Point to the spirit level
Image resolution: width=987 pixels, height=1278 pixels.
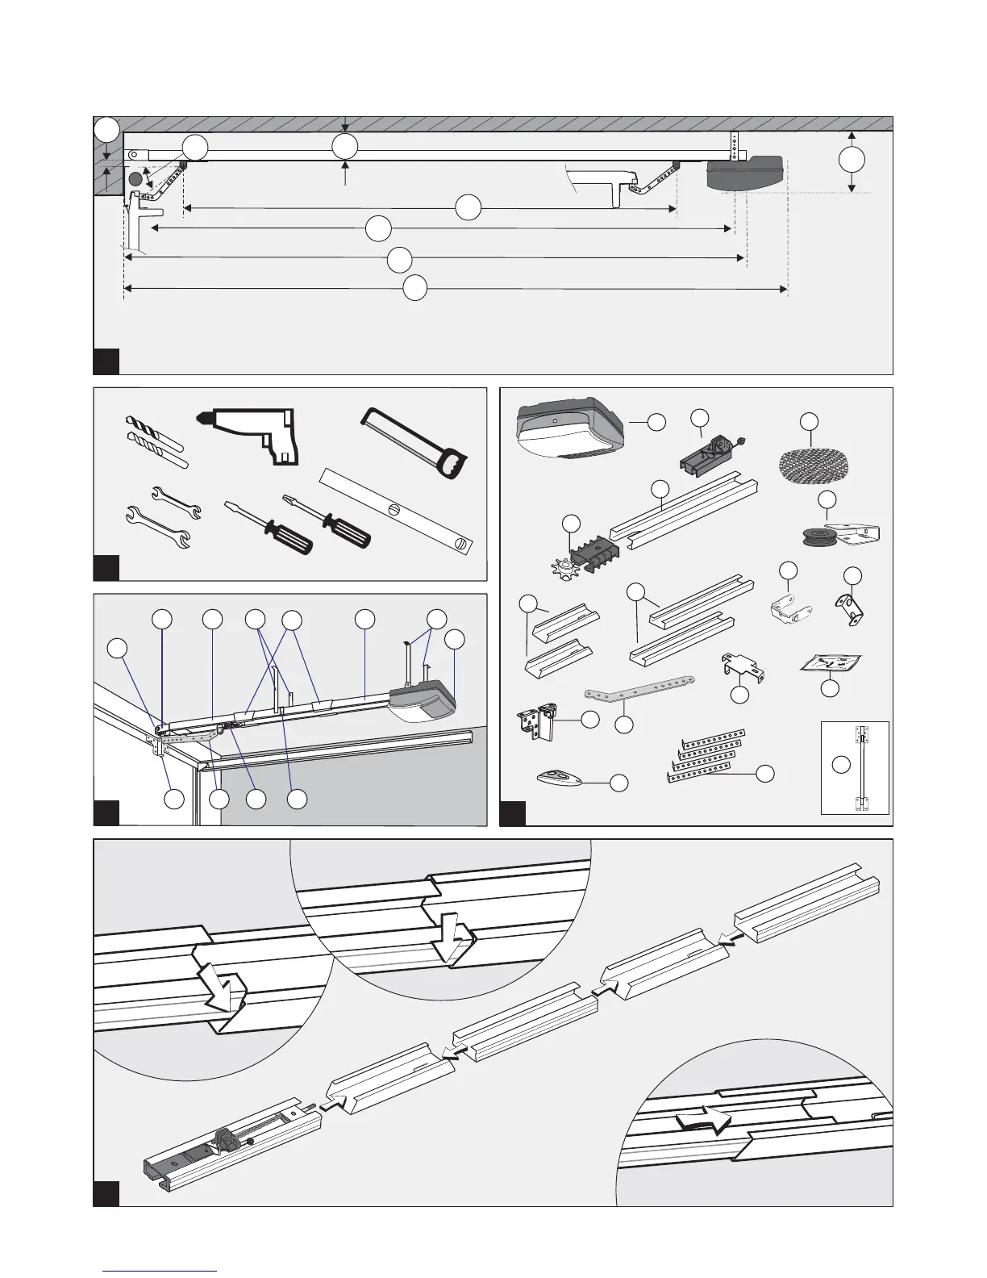(398, 508)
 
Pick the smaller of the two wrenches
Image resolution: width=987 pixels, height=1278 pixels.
(176, 501)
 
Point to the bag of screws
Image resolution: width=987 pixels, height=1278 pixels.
(830, 662)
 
